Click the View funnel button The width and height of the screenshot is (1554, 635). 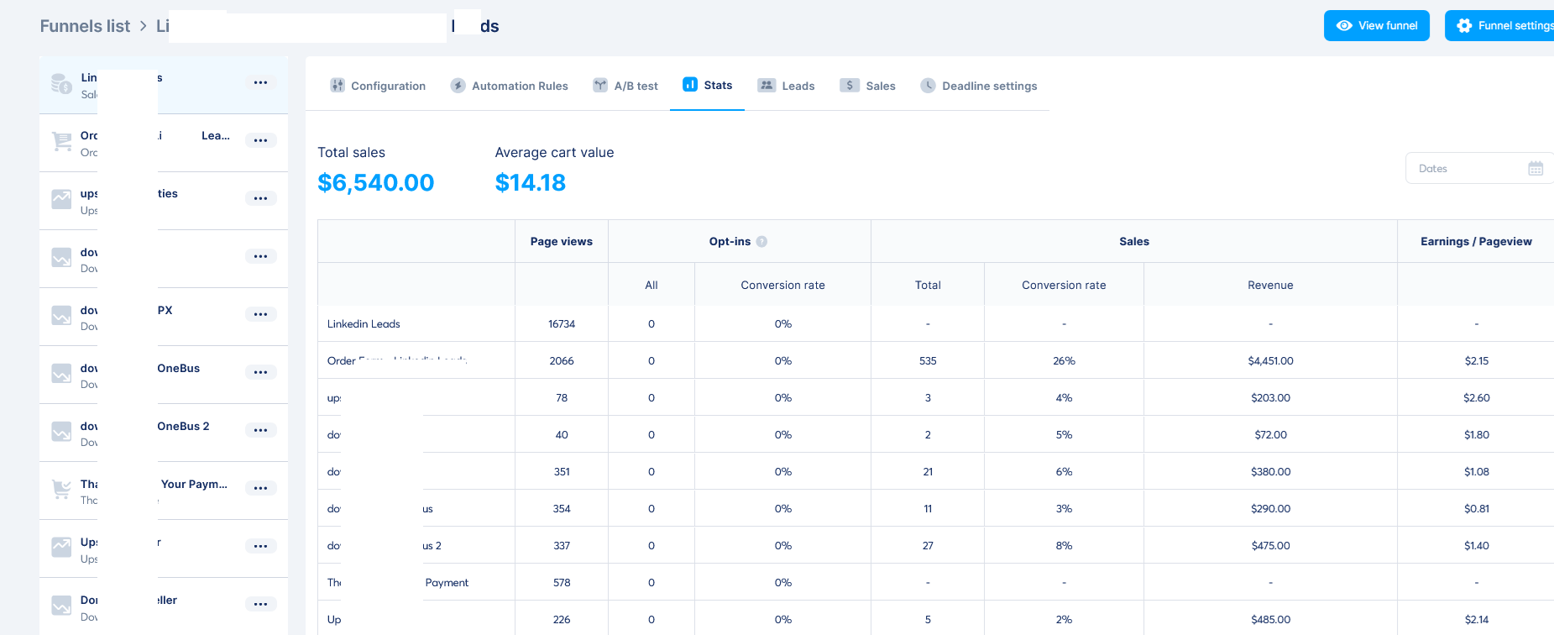click(x=1376, y=26)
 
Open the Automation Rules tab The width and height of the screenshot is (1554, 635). click(x=510, y=86)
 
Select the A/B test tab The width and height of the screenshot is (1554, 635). click(x=625, y=86)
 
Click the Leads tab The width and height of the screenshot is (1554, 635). click(x=787, y=86)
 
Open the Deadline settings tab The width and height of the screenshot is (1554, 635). click(x=979, y=86)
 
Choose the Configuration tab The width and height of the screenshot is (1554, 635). click(x=378, y=86)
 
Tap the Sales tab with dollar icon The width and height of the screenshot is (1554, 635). click(x=868, y=86)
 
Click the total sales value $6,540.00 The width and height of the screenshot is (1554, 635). click(x=375, y=183)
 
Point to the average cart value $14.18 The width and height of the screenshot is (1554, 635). click(x=530, y=183)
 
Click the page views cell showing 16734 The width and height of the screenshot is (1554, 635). click(x=562, y=324)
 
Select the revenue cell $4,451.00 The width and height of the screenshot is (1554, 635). click(x=1270, y=361)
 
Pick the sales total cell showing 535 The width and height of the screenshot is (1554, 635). click(x=928, y=361)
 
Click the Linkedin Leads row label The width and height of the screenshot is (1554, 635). click(x=364, y=324)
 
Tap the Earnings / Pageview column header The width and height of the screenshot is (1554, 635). click(x=1475, y=242)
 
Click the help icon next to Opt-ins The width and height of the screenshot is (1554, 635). click(x=761, y=242)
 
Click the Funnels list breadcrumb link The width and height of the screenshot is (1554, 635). click(x=85, y=26)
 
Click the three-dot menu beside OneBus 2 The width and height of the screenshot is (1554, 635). click(x=260, y=430)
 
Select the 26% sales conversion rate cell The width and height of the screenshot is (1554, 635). click(x=1064, y=361)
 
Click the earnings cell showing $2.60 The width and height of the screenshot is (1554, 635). click(x=1476, y=398)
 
